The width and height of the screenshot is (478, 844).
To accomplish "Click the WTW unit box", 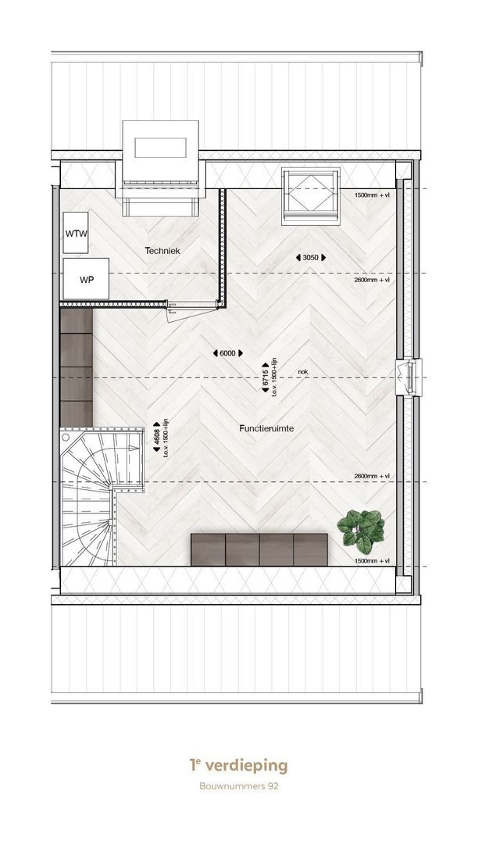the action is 76,233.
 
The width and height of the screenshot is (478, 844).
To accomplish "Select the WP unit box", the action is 86,279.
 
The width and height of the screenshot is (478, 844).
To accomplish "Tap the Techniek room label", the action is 162,251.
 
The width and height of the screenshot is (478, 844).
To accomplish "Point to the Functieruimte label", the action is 266,428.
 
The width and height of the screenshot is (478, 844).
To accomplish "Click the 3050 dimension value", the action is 311,258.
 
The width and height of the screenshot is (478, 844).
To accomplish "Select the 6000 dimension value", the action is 228,353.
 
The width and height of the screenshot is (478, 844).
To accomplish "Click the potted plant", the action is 362,531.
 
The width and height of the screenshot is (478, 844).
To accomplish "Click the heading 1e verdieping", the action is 239,765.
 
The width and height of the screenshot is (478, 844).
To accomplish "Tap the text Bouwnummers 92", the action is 239,786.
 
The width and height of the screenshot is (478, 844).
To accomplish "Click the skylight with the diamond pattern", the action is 311,196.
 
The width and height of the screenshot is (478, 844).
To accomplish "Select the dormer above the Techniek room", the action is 160,167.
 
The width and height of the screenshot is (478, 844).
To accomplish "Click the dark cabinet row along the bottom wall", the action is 259,549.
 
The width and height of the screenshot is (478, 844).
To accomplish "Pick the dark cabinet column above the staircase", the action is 77,367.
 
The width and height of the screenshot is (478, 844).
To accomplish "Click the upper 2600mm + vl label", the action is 372,281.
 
